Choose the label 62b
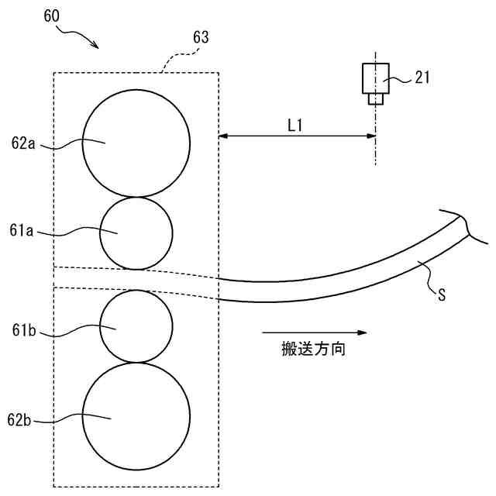[x=21, y=419]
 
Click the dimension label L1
[x=294, y=124]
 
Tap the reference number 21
[x=422, y=77]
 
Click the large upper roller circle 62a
[x=136, y=143]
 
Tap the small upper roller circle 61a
[x=136, y=233]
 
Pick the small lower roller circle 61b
[x=136, y=326]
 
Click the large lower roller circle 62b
[x=136, y=416]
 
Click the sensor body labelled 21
[x=375, y=77]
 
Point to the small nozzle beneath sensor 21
[x=375, y=99]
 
